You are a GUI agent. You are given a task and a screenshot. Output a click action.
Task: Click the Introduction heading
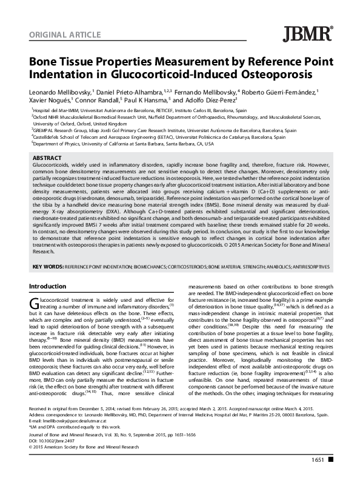pyautogui.click(x=53, y=285)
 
